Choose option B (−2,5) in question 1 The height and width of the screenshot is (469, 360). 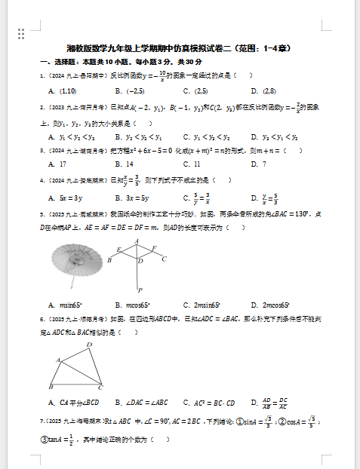(131, 90)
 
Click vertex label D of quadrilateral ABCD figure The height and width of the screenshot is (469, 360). (89, 345)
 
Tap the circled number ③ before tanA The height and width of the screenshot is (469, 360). (44, 440)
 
